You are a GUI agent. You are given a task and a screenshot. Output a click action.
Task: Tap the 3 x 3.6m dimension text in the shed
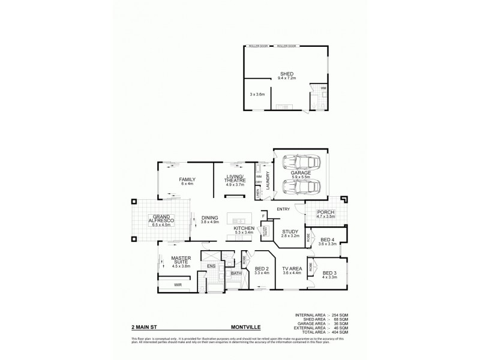(258, 94)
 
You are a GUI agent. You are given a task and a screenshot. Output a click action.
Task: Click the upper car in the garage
(298, 162)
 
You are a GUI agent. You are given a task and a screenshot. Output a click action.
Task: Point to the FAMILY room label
(187, 179)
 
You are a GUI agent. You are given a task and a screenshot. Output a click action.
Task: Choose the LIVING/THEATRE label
(233, 178)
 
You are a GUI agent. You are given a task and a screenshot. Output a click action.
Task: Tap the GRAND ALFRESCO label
(163, 219)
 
